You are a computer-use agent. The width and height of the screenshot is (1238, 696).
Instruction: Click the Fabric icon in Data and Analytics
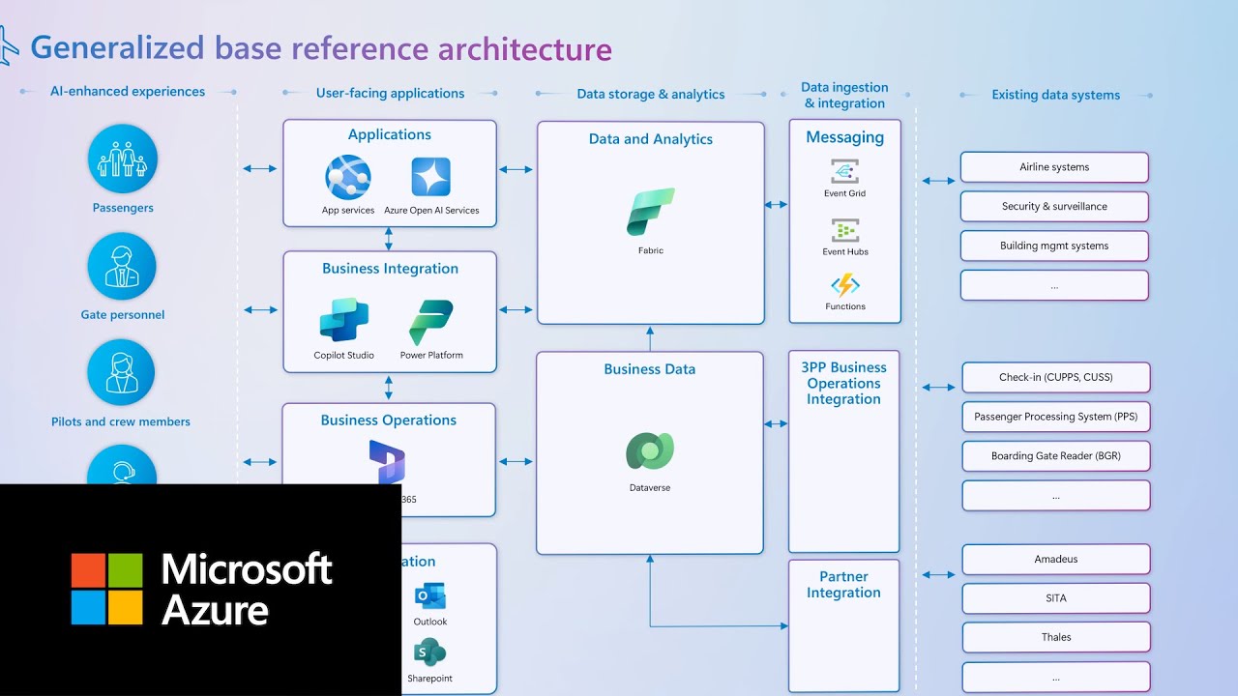tap(650, 213)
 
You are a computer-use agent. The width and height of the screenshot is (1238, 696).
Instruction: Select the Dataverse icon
tap(650, 451)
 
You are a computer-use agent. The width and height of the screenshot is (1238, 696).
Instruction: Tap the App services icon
tap(348, 178)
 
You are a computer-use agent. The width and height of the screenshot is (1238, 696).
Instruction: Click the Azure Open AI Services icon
tap(431, 178)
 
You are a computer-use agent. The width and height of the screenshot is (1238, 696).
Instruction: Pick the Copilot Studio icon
tap(343, 320)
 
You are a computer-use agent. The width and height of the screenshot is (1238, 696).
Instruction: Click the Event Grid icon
tap(844, 172)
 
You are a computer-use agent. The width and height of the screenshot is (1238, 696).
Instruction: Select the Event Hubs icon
tap(844, 230)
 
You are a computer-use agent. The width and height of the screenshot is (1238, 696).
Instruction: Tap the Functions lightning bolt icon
tap(844, 285)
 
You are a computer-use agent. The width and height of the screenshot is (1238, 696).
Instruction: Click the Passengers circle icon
tap(123, 159)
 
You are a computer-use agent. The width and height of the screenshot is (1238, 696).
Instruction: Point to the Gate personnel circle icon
tap(123, 266)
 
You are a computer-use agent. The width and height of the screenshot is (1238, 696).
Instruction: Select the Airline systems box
tap(1054, 167)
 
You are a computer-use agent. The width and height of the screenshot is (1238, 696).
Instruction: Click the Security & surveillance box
tap(1054, 207)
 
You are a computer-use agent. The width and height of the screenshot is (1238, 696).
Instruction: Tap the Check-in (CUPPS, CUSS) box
tap(1056, 378)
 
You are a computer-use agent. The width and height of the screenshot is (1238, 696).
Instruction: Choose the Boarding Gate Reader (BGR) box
tap(1056, 456)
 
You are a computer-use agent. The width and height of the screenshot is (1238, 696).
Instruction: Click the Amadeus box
tap(1056, 560)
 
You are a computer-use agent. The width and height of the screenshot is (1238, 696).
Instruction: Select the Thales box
tap(1056, 638)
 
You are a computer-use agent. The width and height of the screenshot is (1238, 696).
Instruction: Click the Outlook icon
tap(429, 595)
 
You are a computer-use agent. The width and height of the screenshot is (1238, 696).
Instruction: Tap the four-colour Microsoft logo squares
tap(106, 589)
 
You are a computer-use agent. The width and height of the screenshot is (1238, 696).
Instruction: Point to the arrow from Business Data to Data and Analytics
tap(650, 338)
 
